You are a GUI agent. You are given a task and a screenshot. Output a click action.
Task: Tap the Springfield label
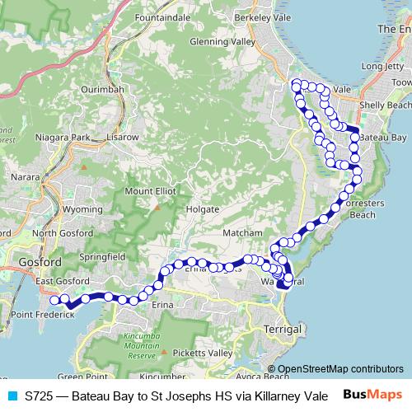(101, 257)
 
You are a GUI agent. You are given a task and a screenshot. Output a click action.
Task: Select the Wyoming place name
(82, 209)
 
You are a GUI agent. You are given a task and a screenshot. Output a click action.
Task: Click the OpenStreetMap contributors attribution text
(340, 368)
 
